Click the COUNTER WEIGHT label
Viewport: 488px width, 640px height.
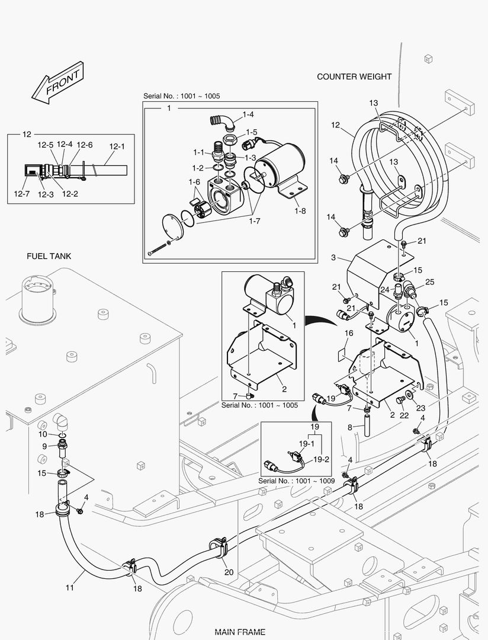(354, 76)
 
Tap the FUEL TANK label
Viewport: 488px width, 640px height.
(49, 256)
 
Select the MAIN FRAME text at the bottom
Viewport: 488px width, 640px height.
(240, 632)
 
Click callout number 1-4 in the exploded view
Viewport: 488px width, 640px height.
(248, 114)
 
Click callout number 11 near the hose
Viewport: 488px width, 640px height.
(70, 588)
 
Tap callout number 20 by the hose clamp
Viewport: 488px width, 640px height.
(229, 572)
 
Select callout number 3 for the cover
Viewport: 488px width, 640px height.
(333, 258)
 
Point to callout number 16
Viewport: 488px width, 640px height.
(349, 334)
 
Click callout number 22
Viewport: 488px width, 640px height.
(404, 415)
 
